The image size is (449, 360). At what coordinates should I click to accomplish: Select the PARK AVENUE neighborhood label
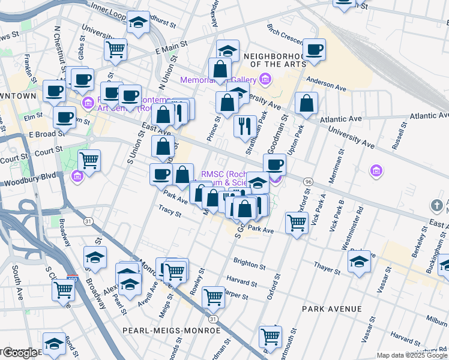(332, 308)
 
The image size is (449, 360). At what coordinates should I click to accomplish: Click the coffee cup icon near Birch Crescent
(314, 49)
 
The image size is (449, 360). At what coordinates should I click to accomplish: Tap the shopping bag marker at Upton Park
(306, 103)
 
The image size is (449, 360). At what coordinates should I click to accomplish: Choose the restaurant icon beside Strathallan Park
(245, 125)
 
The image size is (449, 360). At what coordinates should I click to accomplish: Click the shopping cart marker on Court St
(89, 160)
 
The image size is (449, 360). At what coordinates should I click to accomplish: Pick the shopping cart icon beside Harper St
(214, 296)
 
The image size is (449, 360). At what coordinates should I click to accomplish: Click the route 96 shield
(308, 181)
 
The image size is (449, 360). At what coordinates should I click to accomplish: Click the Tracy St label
(170, 209)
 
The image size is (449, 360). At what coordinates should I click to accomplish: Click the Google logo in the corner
(20, 353)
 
